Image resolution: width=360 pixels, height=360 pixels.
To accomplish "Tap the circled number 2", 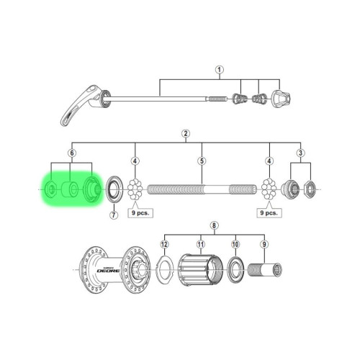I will click(186, 134).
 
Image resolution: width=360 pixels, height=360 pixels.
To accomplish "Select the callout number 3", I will click(300, 153).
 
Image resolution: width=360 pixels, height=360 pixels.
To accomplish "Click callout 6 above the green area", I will click(71, 153).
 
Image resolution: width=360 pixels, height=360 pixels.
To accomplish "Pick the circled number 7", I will click(114, 215).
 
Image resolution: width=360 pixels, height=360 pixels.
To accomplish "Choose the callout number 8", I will click(213, 225).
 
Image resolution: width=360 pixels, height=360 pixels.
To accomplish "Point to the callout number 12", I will click(164, 246).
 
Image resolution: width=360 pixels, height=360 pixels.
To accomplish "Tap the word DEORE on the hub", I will click(101, 271).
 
